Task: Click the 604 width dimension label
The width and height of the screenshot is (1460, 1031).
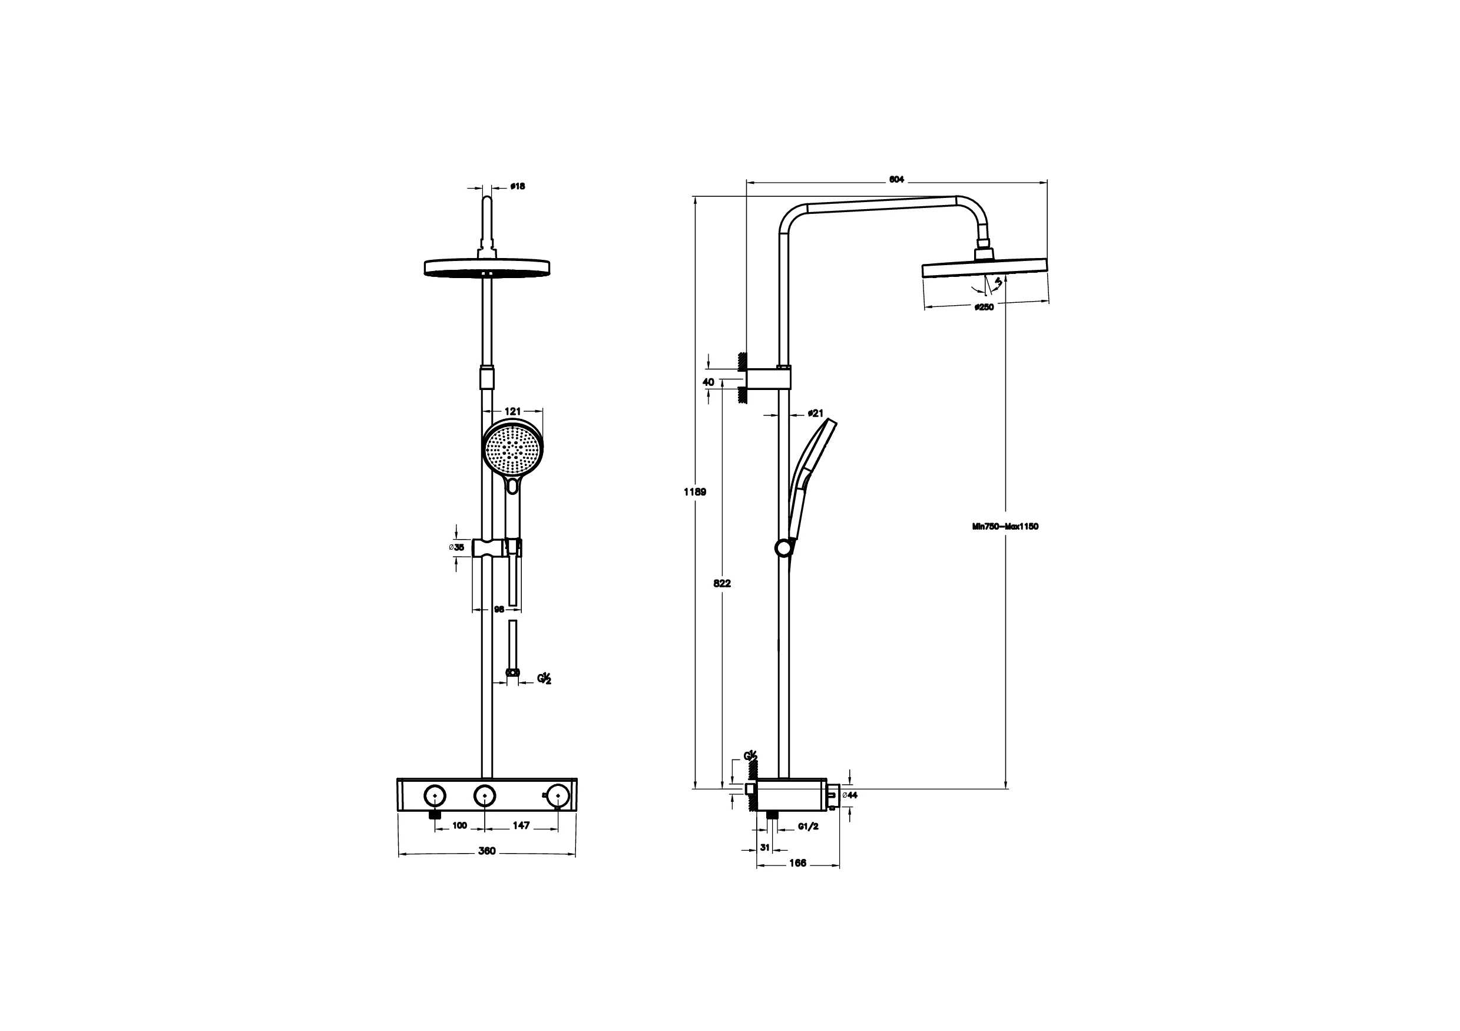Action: coord(896,180)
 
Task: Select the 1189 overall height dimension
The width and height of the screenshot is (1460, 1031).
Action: coord(694,492)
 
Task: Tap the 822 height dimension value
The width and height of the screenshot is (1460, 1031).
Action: coord(721,583)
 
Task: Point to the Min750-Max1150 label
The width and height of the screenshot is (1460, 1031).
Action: coord(1005,527)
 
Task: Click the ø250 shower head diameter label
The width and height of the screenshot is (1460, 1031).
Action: coord(983,307)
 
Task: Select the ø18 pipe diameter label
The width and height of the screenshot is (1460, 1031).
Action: coord(518,186)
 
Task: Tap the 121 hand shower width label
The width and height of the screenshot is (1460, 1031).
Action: coord(512,411)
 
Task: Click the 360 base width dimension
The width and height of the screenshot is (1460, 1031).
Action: coord(486,851)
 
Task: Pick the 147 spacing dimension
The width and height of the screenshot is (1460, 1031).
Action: coord(521,825)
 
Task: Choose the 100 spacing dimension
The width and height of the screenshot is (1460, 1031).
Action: coord(459,825)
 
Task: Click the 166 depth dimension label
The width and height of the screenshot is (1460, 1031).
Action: coord(797,863)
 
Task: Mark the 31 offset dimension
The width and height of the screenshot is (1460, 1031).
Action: coord(765,847)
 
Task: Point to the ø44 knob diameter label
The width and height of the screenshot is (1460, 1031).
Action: coord(850,795)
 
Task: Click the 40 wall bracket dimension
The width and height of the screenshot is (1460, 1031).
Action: coord(709,382)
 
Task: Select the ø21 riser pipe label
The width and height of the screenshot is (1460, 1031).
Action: coord(815,414)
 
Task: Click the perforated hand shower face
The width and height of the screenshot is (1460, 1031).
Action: coord(513,450)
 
